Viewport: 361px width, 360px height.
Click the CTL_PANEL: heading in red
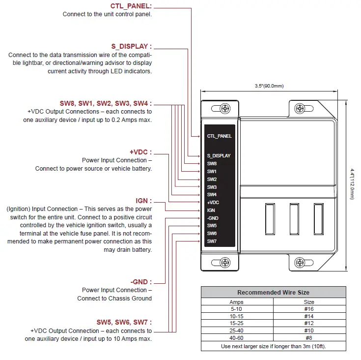[131, 6]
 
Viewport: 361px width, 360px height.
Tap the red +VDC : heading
[140, 152]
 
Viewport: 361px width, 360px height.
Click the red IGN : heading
[143, 201]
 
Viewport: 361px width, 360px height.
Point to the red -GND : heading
[141, 282]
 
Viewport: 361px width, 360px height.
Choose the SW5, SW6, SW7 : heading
[124, 322]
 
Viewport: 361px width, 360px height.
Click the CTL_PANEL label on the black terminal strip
[219, 136]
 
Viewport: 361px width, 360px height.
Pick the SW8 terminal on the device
[212, 163]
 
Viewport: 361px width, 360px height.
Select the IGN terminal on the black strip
[211, 210]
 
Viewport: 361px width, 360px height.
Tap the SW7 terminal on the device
[212, 241]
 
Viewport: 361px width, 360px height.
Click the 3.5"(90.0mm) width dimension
[270, 86]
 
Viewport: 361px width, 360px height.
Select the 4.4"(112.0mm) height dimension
[352, 184]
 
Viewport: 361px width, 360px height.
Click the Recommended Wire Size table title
[273, 292]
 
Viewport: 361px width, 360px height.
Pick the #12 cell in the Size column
[308, 323]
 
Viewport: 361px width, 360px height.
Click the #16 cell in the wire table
[308, 309]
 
